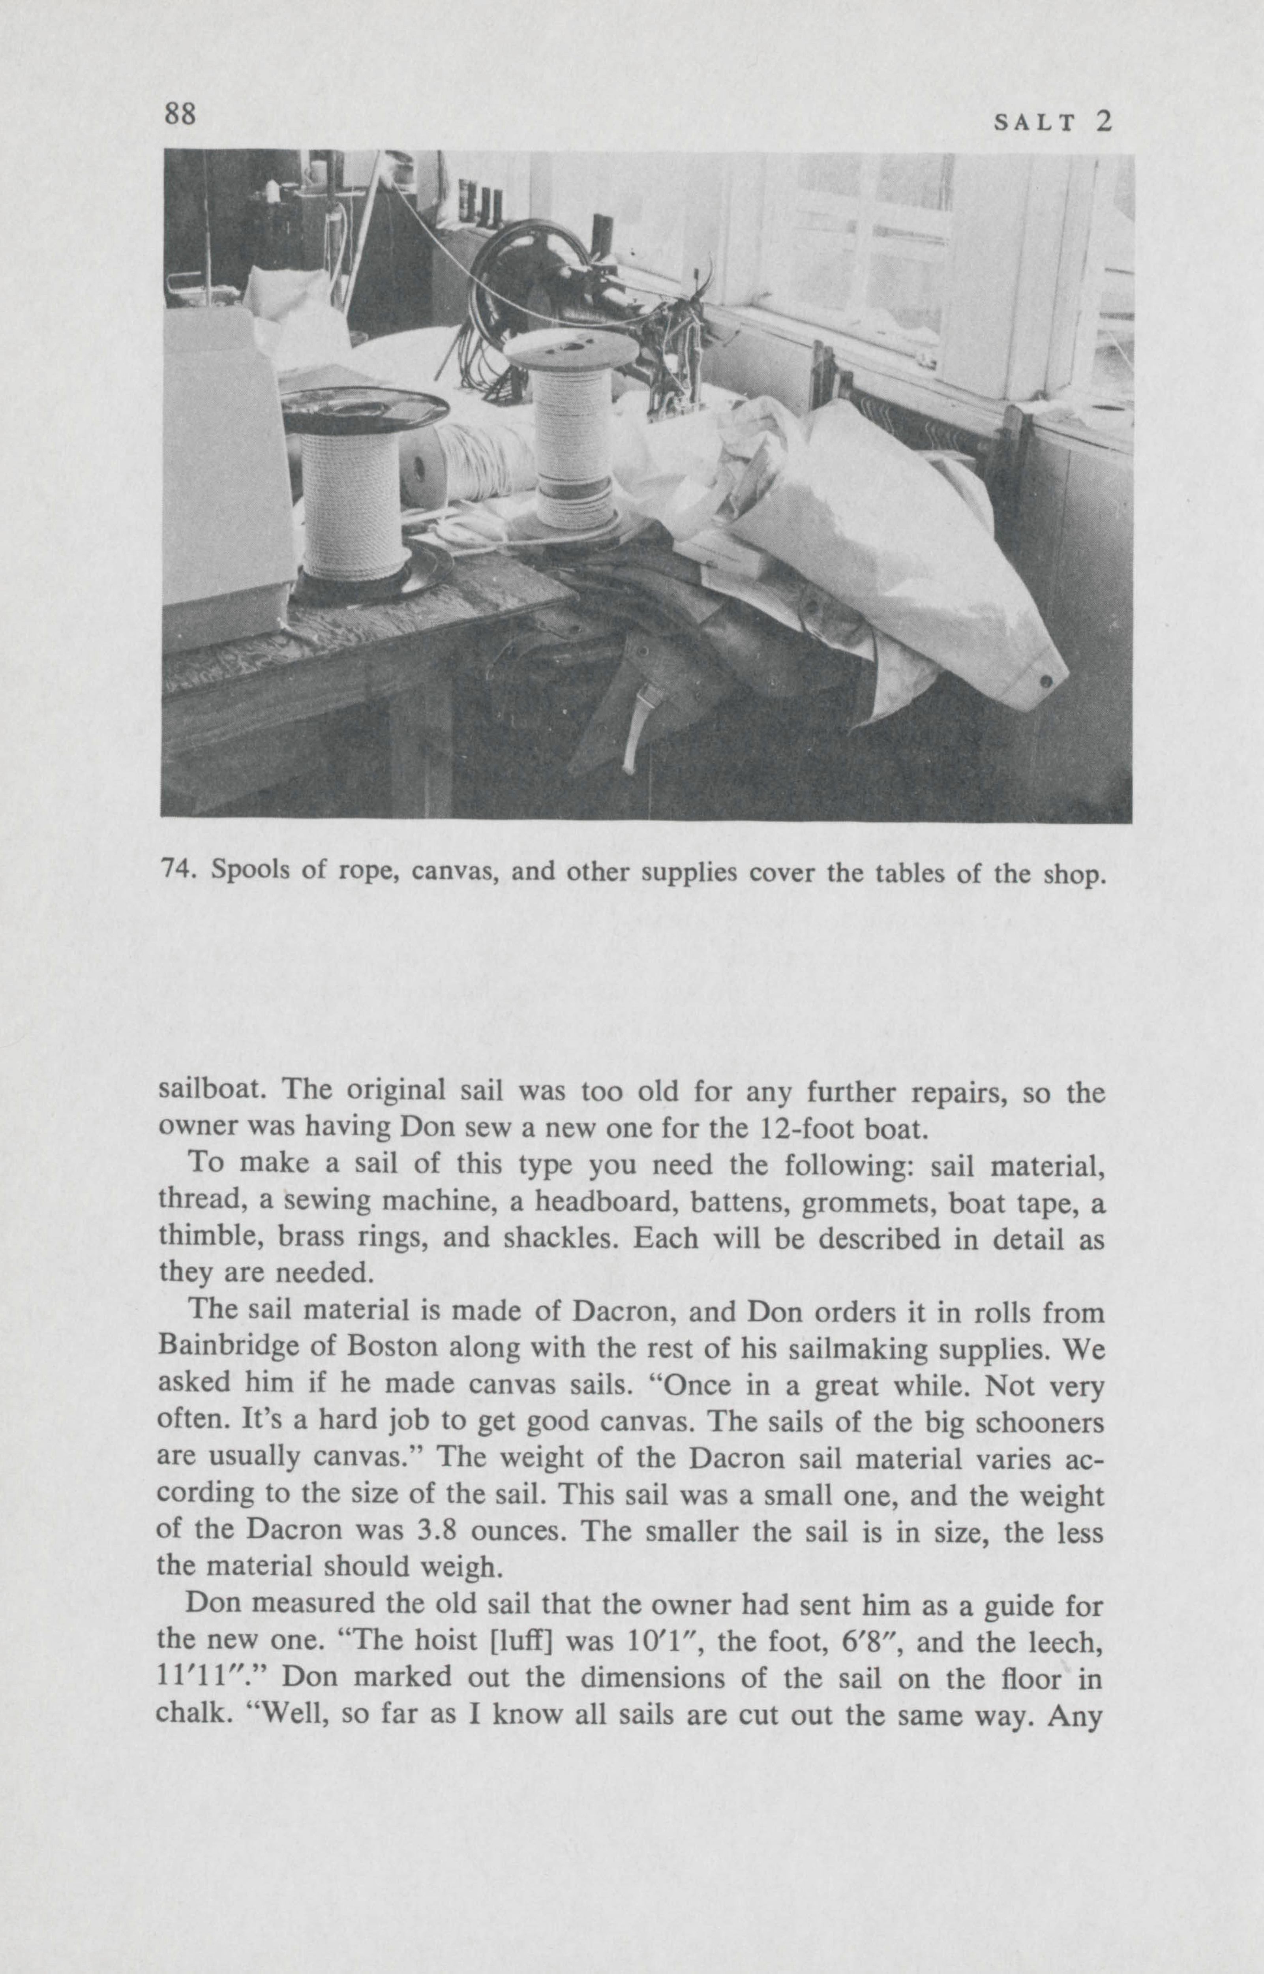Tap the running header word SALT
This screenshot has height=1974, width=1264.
(x=1033, y=123)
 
